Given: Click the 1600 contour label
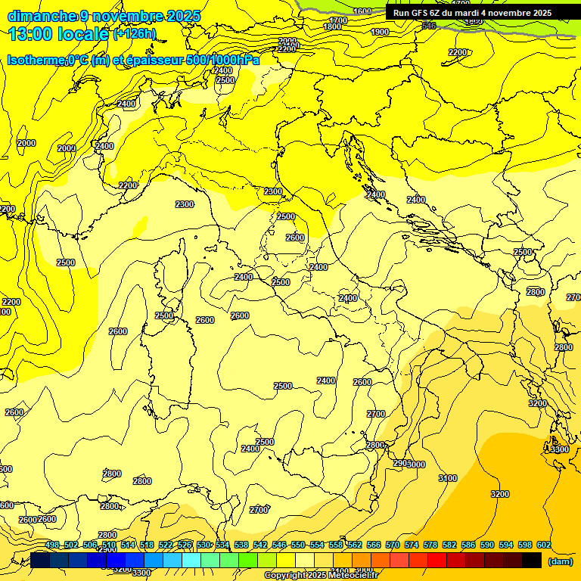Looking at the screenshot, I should point(362,11).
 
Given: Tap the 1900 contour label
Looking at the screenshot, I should point(380,32).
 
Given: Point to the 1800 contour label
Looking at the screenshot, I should point(332,26).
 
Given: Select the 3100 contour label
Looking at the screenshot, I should point(448,478).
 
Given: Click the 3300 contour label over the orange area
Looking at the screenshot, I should point(559,449).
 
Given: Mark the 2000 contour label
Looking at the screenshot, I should point(26,143).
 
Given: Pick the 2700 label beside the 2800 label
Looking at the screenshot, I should point(376,414).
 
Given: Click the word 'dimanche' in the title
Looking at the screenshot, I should point(42,16).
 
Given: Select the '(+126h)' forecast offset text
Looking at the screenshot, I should point(135,34).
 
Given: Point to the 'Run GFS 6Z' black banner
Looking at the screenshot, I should point(472,13).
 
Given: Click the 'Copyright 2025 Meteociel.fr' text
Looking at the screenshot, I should point(321,576).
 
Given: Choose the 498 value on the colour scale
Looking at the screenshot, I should point(52,545).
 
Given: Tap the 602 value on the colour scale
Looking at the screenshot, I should point(544,545).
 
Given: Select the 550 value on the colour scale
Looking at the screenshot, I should point(298,545).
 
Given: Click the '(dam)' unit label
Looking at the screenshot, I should point(560,561).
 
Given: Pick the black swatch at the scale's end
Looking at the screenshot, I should point(532,560).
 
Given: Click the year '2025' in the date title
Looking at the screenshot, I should point(184,16).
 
